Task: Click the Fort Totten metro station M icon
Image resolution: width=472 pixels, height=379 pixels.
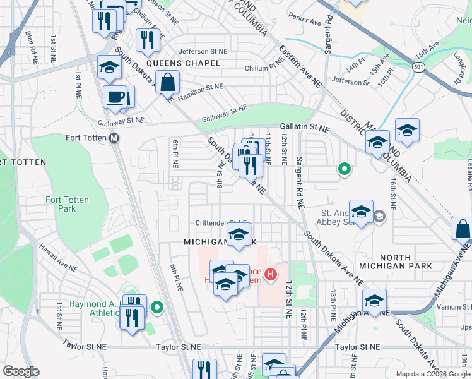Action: tap(114, 138)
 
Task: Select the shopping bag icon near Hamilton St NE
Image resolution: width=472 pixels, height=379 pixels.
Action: tap(167, 82)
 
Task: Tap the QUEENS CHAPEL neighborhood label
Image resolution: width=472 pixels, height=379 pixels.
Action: tap(183, 63)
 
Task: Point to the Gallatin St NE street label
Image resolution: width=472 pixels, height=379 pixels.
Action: tap(305, 128)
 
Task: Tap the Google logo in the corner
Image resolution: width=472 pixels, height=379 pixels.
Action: tap(21, 371)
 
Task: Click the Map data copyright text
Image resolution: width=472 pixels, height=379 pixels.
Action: tap(432, 374)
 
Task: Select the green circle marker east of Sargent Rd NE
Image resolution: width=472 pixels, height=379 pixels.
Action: tap(344, 169)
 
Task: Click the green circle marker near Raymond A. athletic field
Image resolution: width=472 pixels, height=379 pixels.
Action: tap(157, 308)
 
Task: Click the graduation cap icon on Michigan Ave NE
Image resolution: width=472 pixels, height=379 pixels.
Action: tap(375, 301)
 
